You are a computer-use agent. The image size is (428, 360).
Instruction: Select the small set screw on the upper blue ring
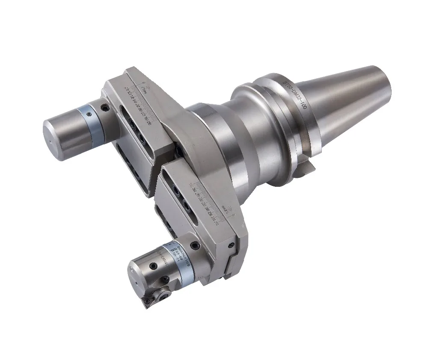tap(88, 114)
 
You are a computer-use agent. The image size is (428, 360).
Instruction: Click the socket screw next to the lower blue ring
tap(195, 246)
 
